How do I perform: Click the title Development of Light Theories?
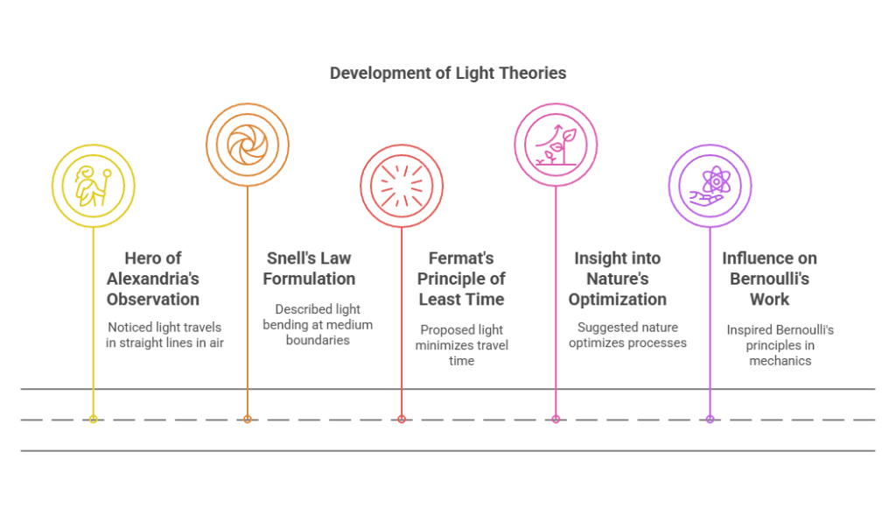447,73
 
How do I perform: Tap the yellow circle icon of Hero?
93,185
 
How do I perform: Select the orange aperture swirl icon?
247,145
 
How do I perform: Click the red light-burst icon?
402,186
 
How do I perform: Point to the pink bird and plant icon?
556,144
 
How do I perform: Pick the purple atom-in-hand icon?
710,185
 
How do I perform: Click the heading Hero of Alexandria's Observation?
153,279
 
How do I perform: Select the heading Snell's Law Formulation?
311,268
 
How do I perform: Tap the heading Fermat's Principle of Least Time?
461,279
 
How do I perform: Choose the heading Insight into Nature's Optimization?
617,279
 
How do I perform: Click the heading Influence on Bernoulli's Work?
769,279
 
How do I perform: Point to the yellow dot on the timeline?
93,420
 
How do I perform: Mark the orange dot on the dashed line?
248,420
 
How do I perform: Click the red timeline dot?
402,420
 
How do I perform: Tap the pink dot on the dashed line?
556,420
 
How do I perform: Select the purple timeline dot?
710,420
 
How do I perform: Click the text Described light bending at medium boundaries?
318,324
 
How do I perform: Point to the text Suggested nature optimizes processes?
631,335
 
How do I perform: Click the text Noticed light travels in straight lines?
164,335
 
